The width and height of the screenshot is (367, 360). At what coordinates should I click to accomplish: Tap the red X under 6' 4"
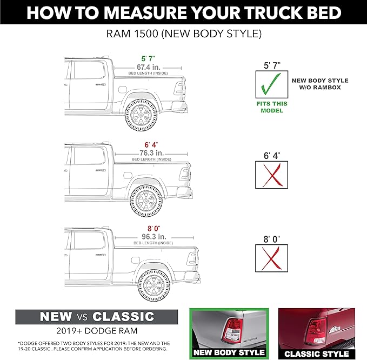(x=270, y=175)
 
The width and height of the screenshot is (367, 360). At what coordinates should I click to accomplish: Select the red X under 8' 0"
(x=270, y=258)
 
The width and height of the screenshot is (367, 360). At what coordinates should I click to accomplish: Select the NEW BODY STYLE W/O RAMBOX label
(x=320, y=84)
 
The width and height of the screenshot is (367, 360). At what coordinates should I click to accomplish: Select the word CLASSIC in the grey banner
(x=123, y=316)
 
